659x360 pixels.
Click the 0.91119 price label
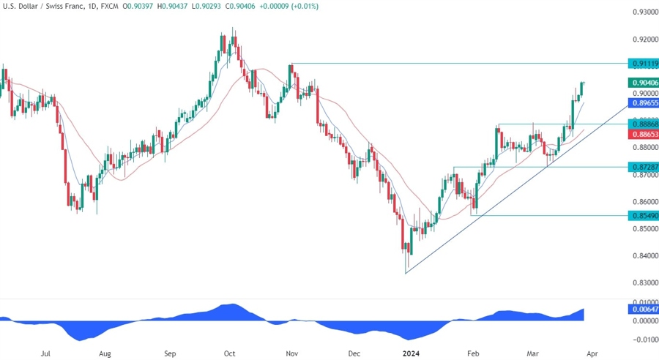click(x=643, y=64)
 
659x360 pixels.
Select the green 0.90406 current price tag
click(x=643, y=83)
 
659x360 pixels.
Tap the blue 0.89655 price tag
click(x=643, y=104)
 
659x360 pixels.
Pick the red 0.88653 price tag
click(x=643, y=135)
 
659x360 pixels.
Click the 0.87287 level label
click(x=643, y=168)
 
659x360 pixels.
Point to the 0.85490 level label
click(x=643, y=216)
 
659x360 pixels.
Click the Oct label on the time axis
click(x=230, y=353)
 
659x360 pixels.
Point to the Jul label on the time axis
click(x=45, y=353)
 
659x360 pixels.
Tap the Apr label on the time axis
click(x=592, y=353)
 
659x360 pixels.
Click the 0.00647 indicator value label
click(x=643, y=310)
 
